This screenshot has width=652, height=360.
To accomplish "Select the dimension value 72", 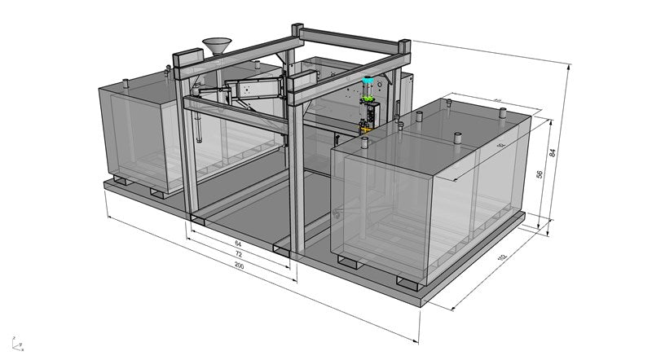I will (239, 254).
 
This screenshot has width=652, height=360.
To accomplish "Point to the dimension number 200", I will (239, 266).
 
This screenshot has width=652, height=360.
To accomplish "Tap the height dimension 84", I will (575, 150).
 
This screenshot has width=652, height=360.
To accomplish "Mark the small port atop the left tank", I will (126, 81).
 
